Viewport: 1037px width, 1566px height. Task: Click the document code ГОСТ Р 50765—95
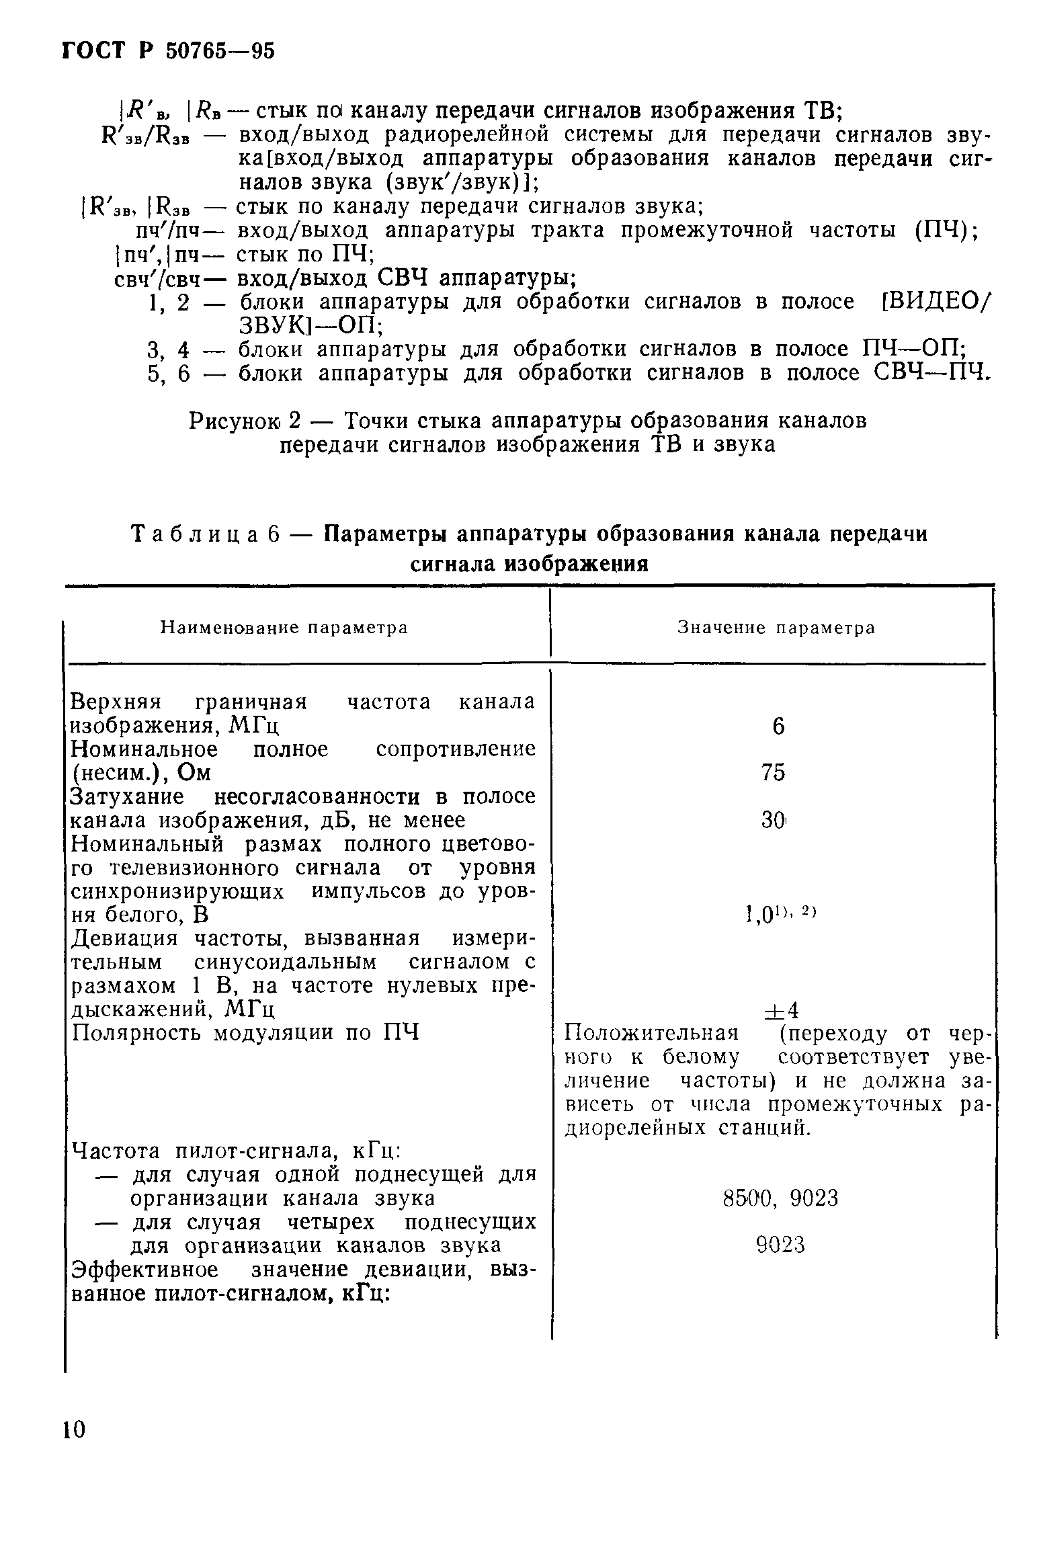169,50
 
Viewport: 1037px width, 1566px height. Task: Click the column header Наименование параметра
284,628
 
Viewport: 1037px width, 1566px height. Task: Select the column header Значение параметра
776,628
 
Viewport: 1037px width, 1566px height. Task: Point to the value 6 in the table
778,727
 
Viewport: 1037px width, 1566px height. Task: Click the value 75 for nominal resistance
774,774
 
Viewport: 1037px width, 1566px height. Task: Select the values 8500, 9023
780,1198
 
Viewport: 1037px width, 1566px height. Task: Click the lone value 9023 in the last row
780,1245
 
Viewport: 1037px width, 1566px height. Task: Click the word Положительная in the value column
651,1033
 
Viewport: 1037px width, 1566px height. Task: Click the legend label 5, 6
169,374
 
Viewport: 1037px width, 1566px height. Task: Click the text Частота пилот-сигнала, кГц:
236,1151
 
